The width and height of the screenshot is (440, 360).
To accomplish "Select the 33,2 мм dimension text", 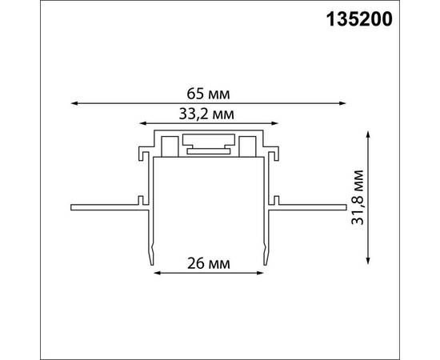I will pos(209,114).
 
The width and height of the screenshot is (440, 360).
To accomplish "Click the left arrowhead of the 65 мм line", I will pos(74,102).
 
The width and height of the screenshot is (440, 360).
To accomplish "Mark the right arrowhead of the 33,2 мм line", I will pos(276,125).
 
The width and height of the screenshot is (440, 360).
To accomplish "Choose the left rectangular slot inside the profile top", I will pos(170,146).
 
